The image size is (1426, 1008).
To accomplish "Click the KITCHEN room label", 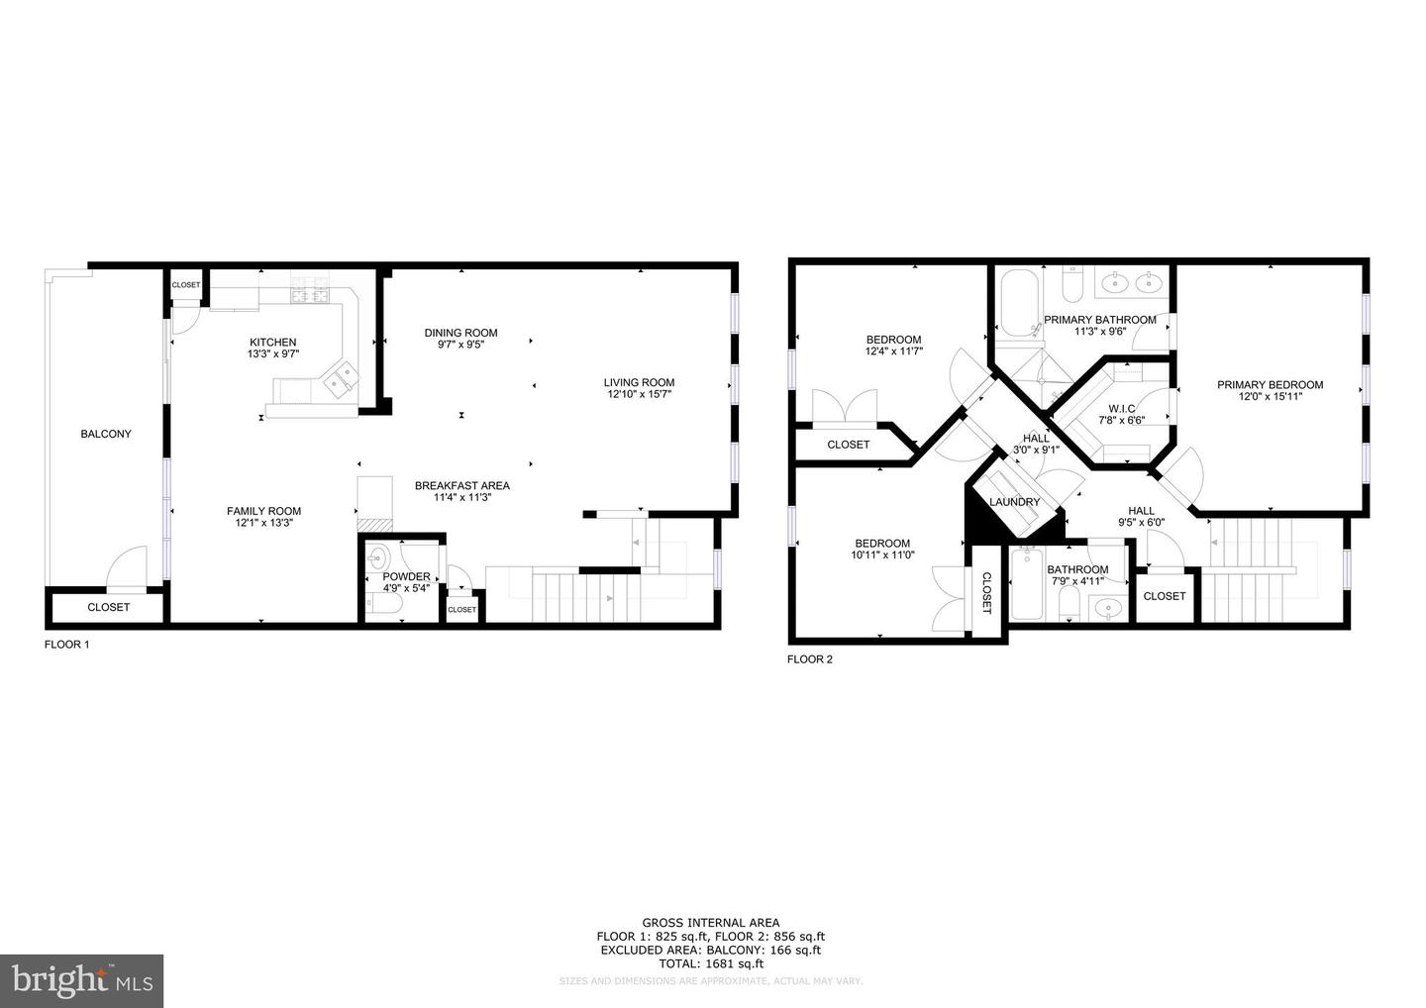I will tap(272, 343).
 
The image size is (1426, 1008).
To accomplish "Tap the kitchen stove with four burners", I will tap(309, 294).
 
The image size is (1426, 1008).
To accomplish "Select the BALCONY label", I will tap(106, 434).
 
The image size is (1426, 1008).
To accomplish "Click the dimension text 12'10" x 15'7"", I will tap(640, 395).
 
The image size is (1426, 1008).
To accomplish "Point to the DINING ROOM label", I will tap(460, 333).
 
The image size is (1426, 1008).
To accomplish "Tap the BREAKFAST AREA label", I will tap(461, 485).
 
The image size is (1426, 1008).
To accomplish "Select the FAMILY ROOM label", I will tap(263, 512).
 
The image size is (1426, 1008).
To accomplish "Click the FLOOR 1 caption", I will tap(67, 645).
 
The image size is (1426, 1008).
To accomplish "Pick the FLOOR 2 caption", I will tap(810, 659).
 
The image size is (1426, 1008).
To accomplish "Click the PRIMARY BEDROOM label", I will tap(1270, 385).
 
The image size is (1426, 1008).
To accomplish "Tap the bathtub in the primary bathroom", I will tap(1017, 302).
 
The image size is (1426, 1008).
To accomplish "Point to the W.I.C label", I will tap(1121, 408).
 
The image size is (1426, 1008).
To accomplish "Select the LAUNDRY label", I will tap(1014, 502).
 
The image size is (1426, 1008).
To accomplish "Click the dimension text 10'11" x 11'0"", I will tap(882, 555).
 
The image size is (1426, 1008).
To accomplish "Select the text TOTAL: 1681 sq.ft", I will tap(711, 963).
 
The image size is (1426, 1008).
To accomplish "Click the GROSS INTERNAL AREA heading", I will tap(710, 923).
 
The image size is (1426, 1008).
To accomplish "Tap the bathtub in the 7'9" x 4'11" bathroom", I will tap(1027, 584).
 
